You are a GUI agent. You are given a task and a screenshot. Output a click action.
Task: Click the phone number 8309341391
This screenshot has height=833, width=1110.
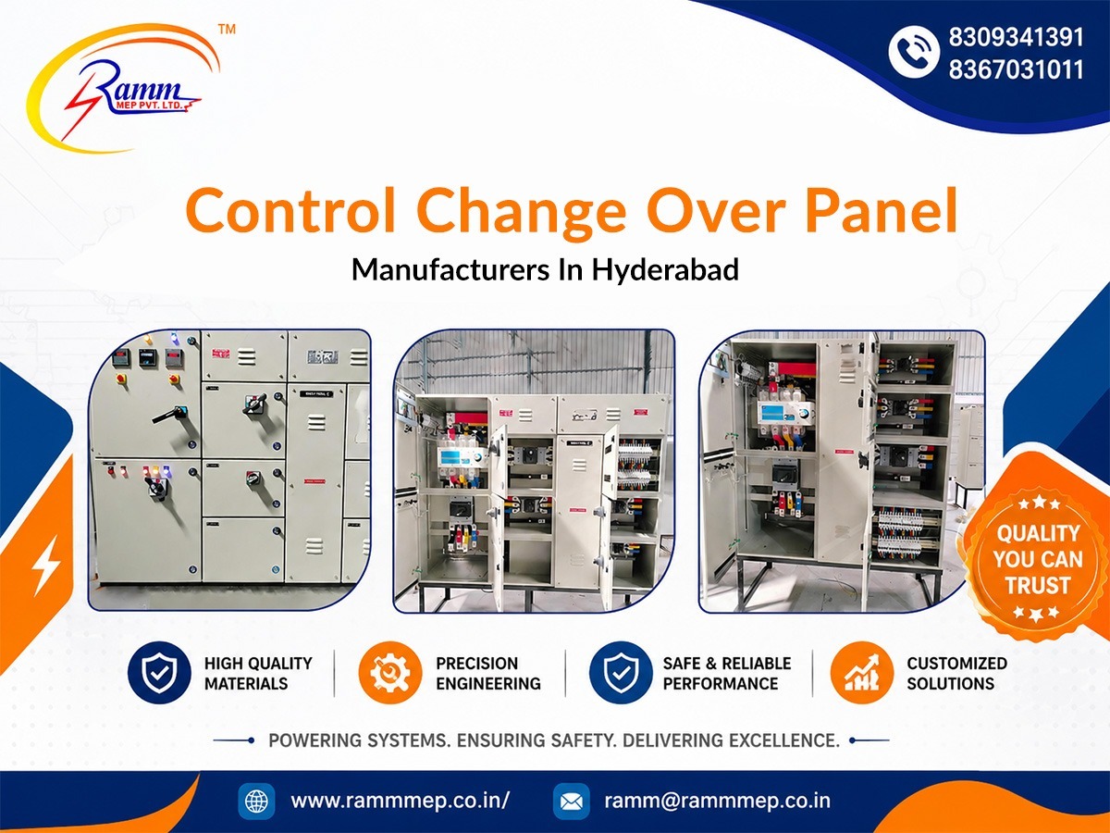pos(1016,37)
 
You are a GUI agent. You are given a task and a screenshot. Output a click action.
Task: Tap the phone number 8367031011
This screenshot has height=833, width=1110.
pos(1016,69)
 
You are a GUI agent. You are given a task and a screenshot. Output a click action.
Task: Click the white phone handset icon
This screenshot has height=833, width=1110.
pos(914,52)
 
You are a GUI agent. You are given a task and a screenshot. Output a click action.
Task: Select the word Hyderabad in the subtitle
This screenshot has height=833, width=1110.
pos(665,269)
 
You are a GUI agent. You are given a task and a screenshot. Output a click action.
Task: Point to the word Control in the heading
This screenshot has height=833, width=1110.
pos(290,210)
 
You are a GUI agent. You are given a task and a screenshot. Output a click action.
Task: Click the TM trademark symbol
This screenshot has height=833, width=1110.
pos(227,30)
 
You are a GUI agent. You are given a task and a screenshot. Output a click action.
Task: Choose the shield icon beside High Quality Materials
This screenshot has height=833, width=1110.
pos(159,673)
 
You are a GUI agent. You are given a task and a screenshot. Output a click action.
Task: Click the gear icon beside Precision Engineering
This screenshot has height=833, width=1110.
pos(390,673)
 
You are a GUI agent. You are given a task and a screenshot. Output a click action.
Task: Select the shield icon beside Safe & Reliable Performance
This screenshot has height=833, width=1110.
pos(621,673)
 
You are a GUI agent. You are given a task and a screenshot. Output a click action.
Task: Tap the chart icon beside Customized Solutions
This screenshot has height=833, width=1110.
pos(862,673)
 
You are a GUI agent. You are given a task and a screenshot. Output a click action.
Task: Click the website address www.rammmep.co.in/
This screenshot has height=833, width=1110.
pos(400,801)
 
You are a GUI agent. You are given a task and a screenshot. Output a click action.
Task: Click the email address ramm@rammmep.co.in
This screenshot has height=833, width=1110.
pos(718,801)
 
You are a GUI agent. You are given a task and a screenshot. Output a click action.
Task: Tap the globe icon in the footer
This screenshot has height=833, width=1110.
pos(256,802)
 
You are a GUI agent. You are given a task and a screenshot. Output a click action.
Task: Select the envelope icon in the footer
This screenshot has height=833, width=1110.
pos(572,802)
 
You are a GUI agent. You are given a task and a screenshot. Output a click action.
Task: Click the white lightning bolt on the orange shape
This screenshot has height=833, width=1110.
pos(46,565)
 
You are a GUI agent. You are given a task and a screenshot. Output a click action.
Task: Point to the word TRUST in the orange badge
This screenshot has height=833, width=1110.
pos(1038,585)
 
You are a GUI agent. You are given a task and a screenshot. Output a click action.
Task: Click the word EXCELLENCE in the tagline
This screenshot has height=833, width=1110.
pos(784,740)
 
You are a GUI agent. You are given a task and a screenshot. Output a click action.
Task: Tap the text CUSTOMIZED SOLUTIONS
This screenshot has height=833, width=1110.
pos(956,673)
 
